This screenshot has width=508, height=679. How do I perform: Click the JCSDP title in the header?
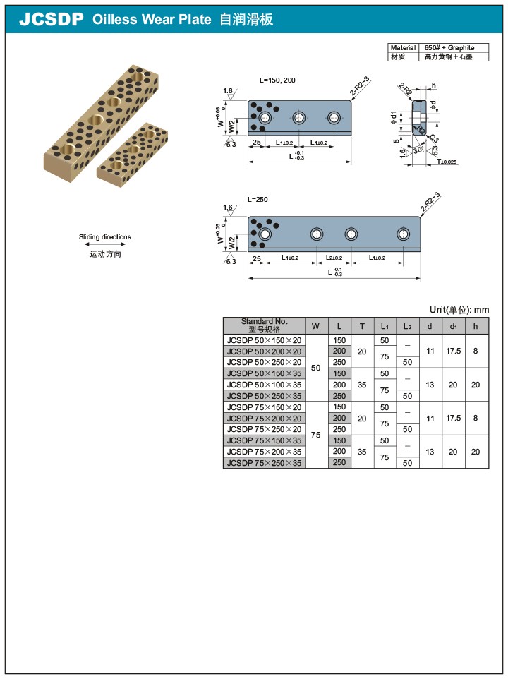coord(51,20)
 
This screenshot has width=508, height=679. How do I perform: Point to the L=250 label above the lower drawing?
coord(258,200)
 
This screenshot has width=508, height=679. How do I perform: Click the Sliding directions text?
coord(104,237)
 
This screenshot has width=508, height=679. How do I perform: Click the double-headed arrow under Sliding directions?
coord(104,246)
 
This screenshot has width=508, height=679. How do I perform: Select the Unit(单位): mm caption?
coord(459,310)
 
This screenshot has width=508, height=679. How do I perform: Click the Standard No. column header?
coord(264,325)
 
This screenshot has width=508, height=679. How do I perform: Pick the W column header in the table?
coord(315,325)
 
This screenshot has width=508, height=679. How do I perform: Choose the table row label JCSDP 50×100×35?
coord(264,385)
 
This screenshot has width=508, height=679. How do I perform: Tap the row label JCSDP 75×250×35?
coord(264,463)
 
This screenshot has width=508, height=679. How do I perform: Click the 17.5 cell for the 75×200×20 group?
coord(453,419)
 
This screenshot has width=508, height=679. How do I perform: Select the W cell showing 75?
coord(315,435)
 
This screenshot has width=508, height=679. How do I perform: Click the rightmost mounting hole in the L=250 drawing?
coord(403,234)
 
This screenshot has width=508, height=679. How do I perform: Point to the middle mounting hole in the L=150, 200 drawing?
coord(299,118)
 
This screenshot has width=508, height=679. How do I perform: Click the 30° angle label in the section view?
coord(418,150)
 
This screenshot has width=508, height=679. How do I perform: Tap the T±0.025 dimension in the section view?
coord(446,162)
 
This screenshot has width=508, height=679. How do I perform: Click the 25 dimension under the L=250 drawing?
coord(256,258)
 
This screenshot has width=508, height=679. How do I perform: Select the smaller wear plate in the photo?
coord(133,151)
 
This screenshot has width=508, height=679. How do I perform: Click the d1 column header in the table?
coord(453,325)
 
